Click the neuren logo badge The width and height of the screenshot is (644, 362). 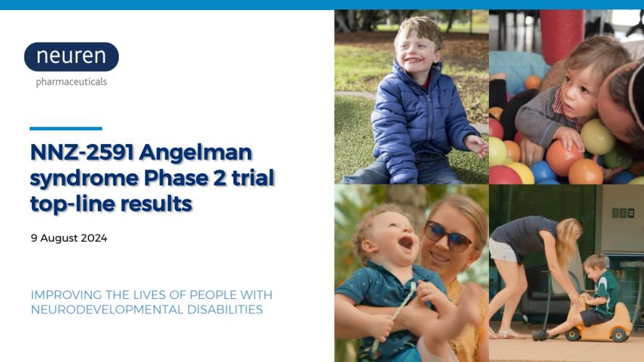click(x=72, y=56)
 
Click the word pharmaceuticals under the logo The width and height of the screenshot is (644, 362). click(x=72, y=82)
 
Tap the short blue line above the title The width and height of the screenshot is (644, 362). click(x=66, y=128)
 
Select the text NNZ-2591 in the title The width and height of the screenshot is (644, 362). click(x=82, y=152)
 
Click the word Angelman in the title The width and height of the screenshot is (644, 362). click(x=196, y=153)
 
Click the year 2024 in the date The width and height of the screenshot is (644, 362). click(x=94, y=238)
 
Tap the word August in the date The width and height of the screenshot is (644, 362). click(x=59, y=238)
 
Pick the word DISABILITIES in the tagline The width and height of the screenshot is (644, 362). click(x=225, y=309)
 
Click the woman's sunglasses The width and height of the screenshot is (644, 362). click(x=448, y=236)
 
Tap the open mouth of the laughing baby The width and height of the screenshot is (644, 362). click(x=406, y=243)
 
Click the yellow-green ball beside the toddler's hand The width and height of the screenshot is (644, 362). click(x=598, y=137)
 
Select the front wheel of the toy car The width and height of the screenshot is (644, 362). click(x=573, y=334)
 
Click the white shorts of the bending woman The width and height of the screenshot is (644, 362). click(x=504, y=250)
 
